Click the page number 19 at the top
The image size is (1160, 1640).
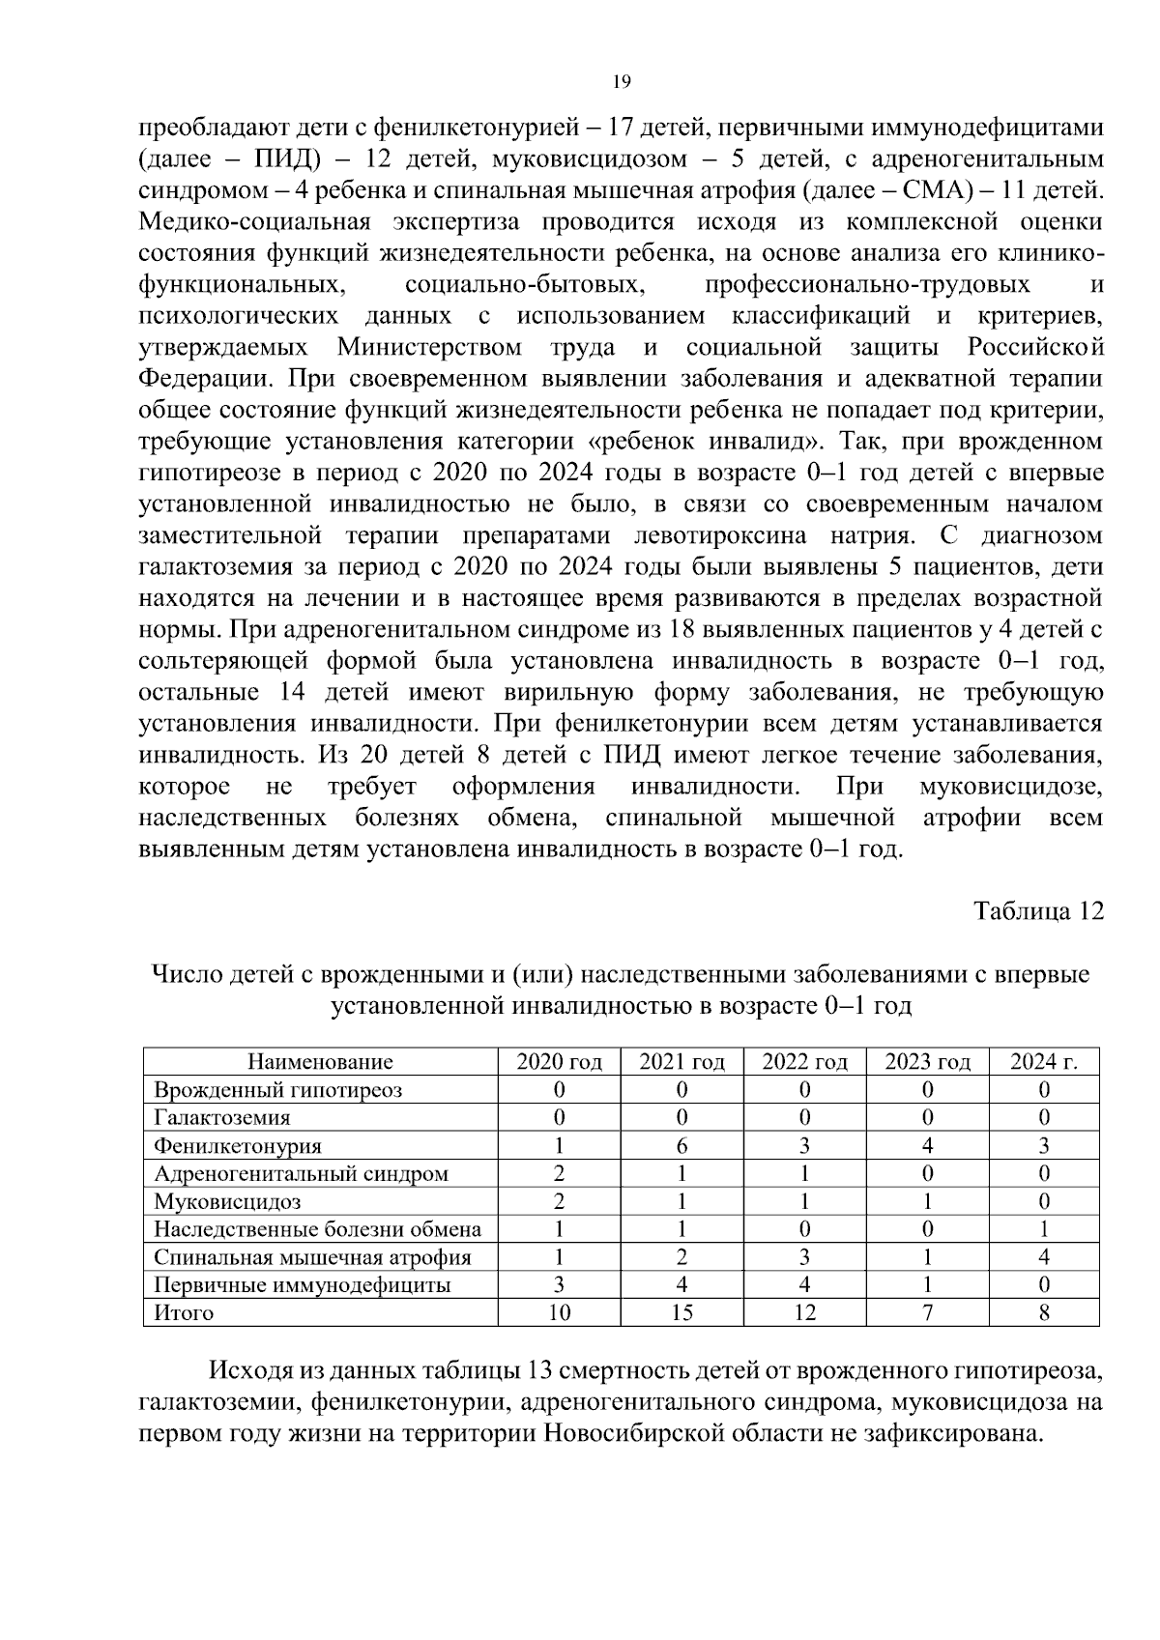coord(622,82)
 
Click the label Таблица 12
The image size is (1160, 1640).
coord(1037,911)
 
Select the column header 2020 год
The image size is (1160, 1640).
coord(559,1062)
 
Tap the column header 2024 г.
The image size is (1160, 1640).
coord(1043,1062)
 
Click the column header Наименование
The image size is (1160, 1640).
coord(320,1062)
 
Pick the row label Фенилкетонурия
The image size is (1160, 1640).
coord(238,1146)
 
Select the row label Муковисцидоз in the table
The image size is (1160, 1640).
coord(227,1202)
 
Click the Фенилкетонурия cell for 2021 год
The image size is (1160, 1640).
coord(681,1146)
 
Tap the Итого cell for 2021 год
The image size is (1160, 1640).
coord(681,1313)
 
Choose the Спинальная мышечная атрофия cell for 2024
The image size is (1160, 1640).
coord(1043,1257)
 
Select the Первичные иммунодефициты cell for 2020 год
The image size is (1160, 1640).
coord(559,1285)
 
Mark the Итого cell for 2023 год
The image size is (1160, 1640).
coord(927,1313)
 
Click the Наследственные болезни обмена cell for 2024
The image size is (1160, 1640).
coord(1043,1230)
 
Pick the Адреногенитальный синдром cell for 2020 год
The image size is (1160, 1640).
coord(559,1174)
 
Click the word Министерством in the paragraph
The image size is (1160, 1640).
coord(429,347)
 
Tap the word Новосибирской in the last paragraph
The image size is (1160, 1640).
coord(628,1433)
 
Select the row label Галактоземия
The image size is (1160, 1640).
coord(221,1118)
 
